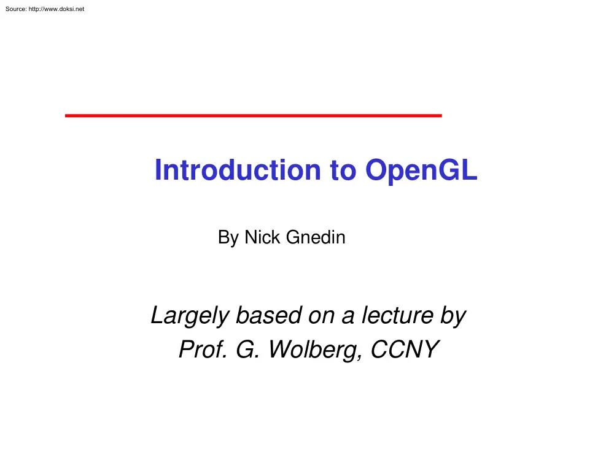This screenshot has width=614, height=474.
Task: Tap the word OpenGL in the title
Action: [421, 170]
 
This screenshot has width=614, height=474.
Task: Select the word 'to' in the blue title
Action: [343, 170]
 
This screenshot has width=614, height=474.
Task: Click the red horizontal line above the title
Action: [253, 115]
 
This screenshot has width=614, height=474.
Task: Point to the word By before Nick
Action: [228, 237]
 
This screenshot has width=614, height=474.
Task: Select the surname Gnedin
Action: [316, 237]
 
